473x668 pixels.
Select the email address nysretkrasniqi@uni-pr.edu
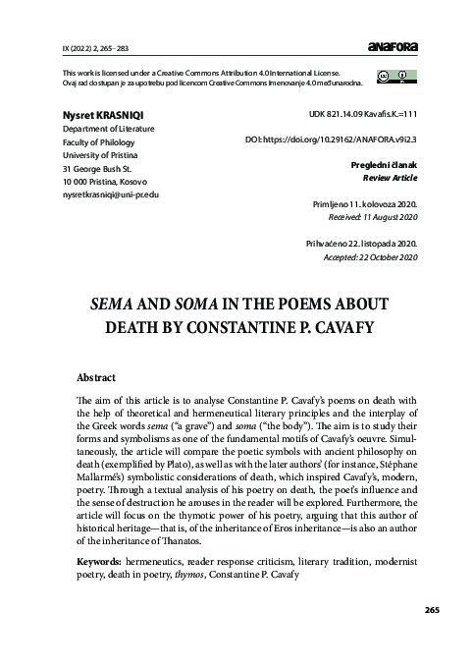(x=110, y=195)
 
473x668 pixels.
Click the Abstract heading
(x=96, y=377)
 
